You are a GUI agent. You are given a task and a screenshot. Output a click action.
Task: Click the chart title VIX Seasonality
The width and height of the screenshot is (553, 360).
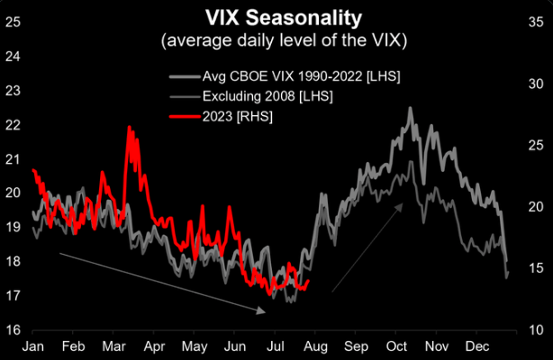[277, 19]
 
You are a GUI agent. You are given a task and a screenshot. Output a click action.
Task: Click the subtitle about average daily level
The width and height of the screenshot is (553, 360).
[277, 40]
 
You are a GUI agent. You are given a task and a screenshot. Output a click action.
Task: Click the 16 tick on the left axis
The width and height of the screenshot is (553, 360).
[14, 330]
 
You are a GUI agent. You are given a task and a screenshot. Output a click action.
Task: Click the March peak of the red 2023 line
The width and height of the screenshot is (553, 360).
[130, 128]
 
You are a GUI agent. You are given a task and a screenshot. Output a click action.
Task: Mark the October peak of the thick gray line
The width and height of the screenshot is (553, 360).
[411, 109]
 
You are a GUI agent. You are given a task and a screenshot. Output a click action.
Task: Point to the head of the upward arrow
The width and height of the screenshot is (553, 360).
[403, 204]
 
